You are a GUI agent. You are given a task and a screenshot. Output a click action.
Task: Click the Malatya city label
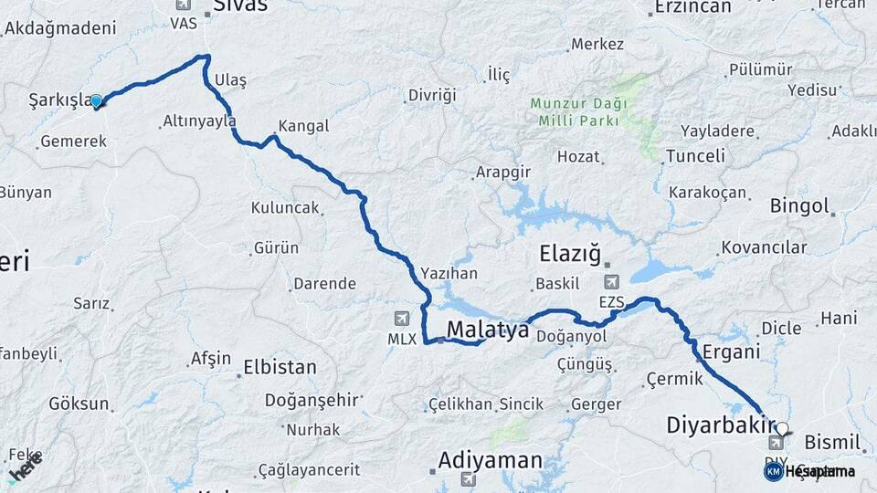488,330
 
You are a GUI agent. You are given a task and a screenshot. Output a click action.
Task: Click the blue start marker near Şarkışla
96,101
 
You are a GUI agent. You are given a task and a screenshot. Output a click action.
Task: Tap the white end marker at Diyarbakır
781,427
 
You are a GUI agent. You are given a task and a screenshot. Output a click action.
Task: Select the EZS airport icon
610,281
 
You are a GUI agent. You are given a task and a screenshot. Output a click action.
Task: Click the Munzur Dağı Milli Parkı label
574,111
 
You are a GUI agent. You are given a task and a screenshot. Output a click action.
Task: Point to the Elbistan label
280,368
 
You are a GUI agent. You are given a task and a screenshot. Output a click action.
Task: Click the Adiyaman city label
490,459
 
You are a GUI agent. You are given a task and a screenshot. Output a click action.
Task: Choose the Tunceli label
695,156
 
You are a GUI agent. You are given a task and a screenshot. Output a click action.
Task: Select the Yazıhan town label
449,273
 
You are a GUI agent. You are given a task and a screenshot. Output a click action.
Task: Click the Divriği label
431,96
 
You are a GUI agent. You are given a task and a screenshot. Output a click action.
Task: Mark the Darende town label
324,283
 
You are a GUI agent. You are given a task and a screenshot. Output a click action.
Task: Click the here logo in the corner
25,468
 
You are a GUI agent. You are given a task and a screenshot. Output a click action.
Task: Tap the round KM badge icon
773,471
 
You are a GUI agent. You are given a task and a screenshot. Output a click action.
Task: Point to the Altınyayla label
199,121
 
